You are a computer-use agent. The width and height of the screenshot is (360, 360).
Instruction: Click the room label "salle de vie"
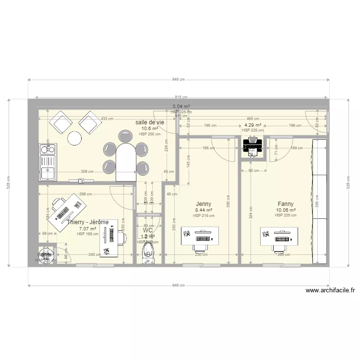coord(149,122)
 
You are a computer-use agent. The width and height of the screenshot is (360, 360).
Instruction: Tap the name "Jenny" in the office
coord(204,204)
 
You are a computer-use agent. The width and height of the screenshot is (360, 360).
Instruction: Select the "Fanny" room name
coord(286,204)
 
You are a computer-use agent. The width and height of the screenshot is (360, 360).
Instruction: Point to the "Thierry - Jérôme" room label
coord(88,222)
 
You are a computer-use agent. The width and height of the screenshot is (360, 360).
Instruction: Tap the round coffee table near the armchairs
coord(75,138)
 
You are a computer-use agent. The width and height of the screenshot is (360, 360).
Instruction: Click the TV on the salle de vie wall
coord(82,181)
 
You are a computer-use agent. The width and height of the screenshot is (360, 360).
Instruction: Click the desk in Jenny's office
coord(200,236)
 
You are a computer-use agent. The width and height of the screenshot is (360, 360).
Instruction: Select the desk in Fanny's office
coord(279,236)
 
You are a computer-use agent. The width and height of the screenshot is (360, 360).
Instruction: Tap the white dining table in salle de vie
coord(126,162)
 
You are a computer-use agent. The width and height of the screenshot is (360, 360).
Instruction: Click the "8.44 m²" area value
coord(204,210)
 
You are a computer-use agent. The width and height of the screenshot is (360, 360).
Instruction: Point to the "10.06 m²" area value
coord(286,210)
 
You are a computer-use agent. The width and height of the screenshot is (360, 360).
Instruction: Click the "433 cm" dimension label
coord(107,119)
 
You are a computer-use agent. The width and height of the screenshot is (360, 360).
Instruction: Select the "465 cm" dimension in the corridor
coord(252,119)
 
